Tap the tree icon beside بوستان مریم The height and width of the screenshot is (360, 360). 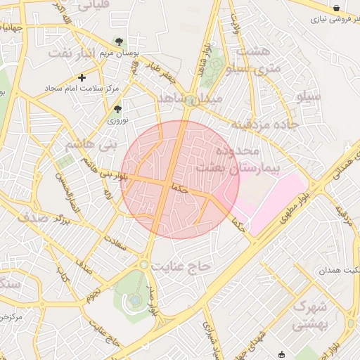click(119, 41)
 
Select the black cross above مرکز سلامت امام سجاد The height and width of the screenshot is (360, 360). click(82, 77)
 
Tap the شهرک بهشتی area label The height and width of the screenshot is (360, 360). click(309, 316)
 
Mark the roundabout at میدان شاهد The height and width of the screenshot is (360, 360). click(191, 101)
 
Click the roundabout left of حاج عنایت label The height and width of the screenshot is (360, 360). click(145, 265)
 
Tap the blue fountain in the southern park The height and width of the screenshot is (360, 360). click(134, 301)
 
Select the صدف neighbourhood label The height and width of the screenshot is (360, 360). click(33, 217)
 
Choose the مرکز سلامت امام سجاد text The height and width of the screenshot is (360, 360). click(82, 89)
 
